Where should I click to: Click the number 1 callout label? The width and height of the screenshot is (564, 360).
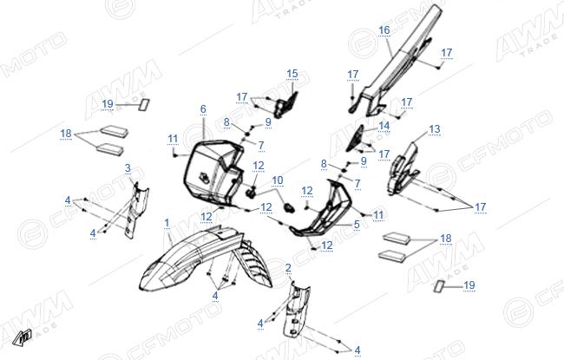pos(167,223)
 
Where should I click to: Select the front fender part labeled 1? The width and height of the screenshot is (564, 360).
pos(201,259)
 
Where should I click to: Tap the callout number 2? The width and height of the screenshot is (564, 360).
pos(288,268)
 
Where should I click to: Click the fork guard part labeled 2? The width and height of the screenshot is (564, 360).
pos(297,310)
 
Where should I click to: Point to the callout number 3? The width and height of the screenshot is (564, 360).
pos(128,168)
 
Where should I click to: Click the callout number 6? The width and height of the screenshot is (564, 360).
pos(203,109)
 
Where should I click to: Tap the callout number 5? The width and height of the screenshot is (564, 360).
pos(357,225)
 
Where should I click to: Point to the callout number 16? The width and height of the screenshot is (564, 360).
pos(384,30)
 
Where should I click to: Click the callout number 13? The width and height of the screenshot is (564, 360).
pos(435,129)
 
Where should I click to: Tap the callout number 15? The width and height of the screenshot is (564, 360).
pos(292,74)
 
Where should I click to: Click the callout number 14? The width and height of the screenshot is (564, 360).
pos(384,126)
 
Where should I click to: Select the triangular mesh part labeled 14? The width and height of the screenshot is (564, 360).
pos(356,138)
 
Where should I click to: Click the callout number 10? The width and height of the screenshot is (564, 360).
pos(278,180)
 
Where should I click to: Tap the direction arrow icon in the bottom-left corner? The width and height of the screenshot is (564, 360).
pos(21,337)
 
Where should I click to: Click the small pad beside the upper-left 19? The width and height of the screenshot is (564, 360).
pos(145,105)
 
